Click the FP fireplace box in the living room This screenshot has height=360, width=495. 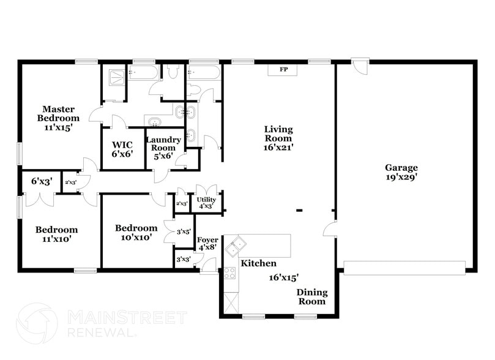coord(283,69)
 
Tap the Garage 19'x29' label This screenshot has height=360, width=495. coord(401,173)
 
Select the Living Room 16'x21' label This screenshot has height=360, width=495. coord(278,138)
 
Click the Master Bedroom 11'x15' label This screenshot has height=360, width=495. coord(58,118)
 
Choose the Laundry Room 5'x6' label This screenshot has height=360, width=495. coord(163,148)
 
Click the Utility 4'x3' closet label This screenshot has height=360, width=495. coord(206,203)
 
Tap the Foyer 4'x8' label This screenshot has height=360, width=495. coord(207,244)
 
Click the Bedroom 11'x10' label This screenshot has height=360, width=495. coord(56,234)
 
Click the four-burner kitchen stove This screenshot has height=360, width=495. coord(229,273)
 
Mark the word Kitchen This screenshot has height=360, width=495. coord(258,263)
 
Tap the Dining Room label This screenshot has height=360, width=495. coord(312,297)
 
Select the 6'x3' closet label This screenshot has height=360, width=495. coord(41,181)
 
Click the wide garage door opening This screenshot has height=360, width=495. coord(404,267)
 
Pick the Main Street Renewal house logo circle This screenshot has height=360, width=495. coord(37,323)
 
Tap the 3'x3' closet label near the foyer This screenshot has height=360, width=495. coord(183,259)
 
